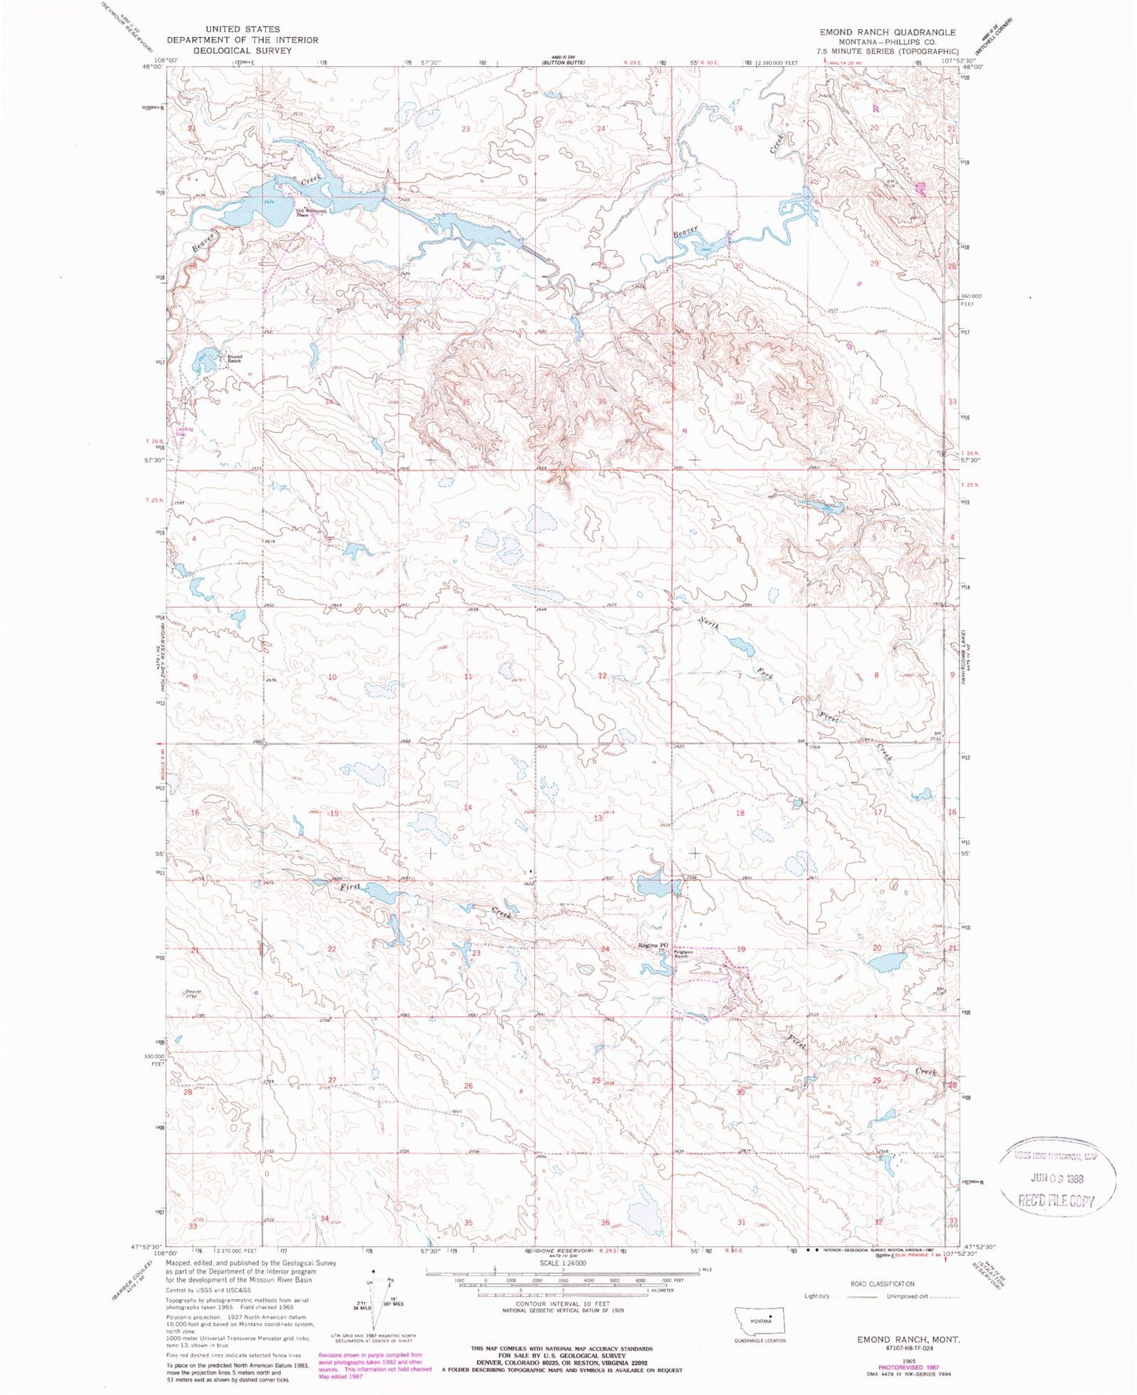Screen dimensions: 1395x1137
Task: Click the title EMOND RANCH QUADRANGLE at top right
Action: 887,32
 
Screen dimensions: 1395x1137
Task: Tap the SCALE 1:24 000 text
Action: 562,1264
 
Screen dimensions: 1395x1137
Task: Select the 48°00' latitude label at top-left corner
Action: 150,67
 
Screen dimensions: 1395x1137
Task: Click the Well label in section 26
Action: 456,1112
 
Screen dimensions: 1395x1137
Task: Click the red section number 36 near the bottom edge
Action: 605,1222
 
